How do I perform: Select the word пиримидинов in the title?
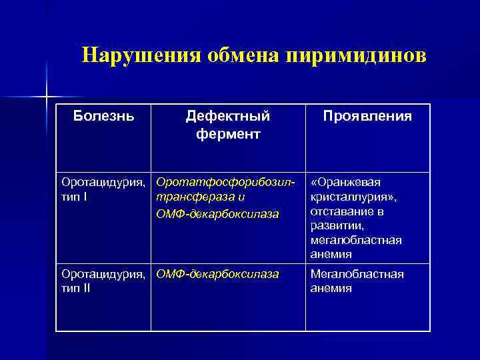click(355, 55)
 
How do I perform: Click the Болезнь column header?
click(103, 116)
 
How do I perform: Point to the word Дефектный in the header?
click(228, 116)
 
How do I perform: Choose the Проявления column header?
click(367, 116)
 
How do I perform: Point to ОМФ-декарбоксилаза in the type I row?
click(217, 213)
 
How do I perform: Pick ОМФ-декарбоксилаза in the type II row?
click(217, 274)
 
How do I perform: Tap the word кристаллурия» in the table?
click(351, 197)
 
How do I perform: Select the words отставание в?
click(347, 211)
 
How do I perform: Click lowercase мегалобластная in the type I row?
click(356, 240)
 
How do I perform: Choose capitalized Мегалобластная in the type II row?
click(357, 274)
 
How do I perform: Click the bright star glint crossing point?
click(47, 97)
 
